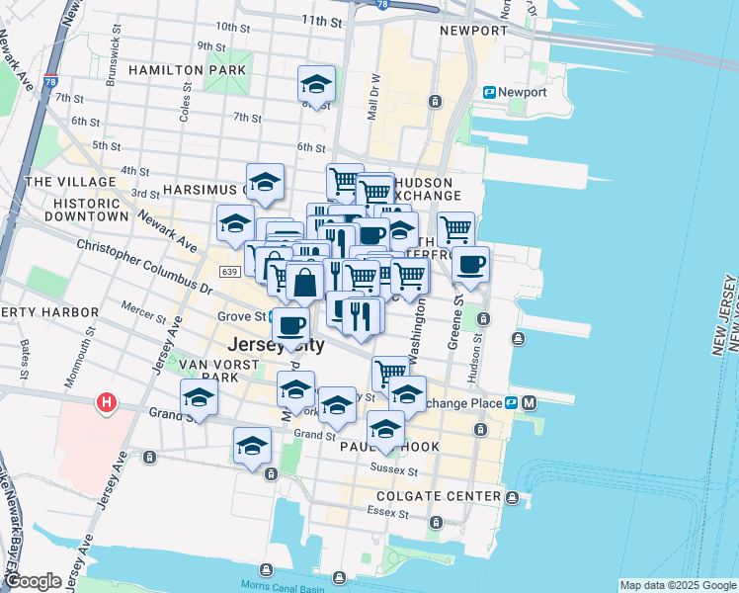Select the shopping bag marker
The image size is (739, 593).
click(x=306, y=282)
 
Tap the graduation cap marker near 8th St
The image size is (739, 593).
click(x=316, y=85)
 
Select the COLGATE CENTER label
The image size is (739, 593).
click(x=439, y=496)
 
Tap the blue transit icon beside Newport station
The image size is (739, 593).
click(x=489, y=92)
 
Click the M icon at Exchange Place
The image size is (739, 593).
click(x=531, y=402)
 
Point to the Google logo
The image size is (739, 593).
click(x=33, y=581)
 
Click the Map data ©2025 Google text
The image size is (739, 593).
click(x=677, y=585)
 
